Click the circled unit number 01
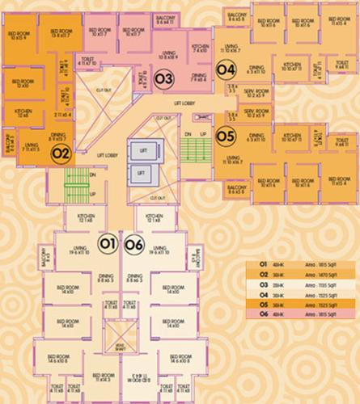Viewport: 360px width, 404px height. tap(106, 242)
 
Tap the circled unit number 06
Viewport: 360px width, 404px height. tap(134, 242)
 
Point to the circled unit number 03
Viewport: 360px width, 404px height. tap(164, 79)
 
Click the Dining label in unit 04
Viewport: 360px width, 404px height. tap(256, 67)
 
